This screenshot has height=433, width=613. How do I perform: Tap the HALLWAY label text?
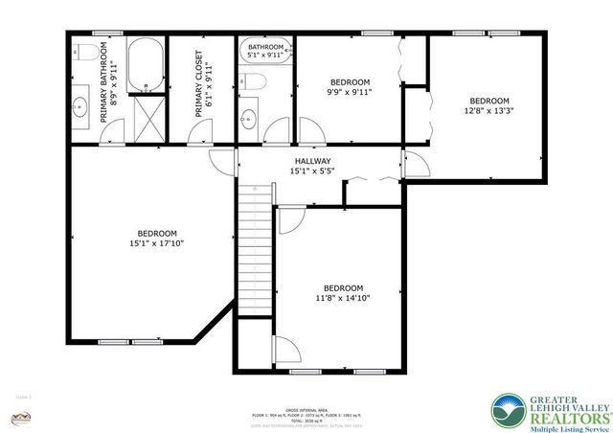pyautogui.click(x=312, y=161)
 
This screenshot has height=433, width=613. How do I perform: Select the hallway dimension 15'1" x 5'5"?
pyautogui.click(x=312, y=171)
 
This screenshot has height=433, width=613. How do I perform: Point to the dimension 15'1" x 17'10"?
pyautogui.click(x=157, y=243)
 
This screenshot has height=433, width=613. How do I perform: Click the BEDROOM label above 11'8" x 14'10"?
pyautogui.click(x=342, y=288)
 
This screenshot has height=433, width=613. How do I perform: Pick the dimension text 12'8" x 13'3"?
pyautogui.click(x=488, y=109)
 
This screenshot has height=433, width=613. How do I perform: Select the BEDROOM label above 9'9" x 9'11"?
pyautogui.click(x=350, y=82)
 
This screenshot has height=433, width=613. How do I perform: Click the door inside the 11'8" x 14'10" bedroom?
pyautogui.click(x=285, y=349)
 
